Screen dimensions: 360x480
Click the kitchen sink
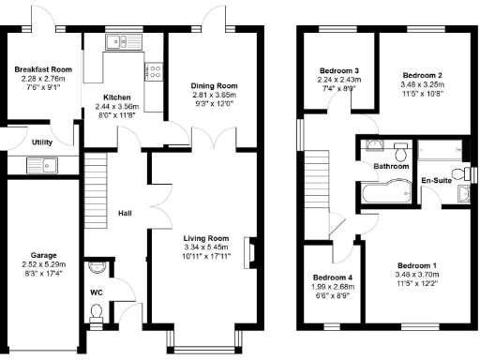[x=120, y=40]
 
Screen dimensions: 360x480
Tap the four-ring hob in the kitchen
[x=153, y=70]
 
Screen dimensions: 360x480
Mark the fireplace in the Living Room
[x=249, y=252]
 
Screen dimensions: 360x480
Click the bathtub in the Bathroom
[x=382, y=194]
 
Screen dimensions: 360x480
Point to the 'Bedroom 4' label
[x=332, y=278]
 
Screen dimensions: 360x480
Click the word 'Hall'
[x=125, y=214]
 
